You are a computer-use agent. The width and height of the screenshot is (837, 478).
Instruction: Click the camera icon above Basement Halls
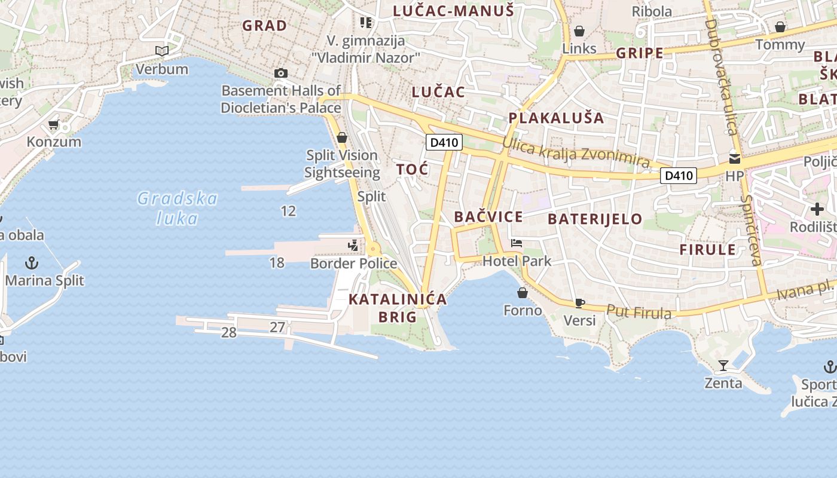[280, 73]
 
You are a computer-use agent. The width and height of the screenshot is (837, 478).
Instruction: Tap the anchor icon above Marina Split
[31, 263]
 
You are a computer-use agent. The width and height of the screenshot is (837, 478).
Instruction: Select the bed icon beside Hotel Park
[517, 243]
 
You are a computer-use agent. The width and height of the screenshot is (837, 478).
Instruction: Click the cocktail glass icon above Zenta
[723, 365]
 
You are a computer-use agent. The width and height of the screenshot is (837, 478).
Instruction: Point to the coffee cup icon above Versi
[579, 303]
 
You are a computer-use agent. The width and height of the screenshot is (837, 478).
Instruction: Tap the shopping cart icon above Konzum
[53, 125]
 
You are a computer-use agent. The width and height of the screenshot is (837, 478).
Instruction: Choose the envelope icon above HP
[734, 159]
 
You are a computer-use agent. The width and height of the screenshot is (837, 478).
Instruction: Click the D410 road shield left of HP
[679, 176]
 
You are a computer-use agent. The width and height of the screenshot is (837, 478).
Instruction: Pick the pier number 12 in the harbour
[288, 211]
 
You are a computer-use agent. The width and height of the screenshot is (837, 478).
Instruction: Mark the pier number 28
[229, 333]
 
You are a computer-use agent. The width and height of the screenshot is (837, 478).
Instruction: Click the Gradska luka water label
[177, 208]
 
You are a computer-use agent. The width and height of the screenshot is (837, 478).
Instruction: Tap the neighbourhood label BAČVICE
[488, 217]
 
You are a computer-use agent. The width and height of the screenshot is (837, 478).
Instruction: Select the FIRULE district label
[707, 250]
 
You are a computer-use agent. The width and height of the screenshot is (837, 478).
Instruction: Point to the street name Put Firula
[639, 312]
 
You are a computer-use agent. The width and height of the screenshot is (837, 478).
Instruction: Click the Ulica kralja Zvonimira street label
[576, 152]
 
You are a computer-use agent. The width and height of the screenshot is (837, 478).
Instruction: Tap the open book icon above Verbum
[161, 51]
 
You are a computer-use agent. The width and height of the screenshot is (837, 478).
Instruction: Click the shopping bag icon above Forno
[523, 293]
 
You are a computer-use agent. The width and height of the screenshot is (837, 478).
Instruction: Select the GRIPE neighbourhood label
[640, 53]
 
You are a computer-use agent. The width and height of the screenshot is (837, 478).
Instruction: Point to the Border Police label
[353, 263]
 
